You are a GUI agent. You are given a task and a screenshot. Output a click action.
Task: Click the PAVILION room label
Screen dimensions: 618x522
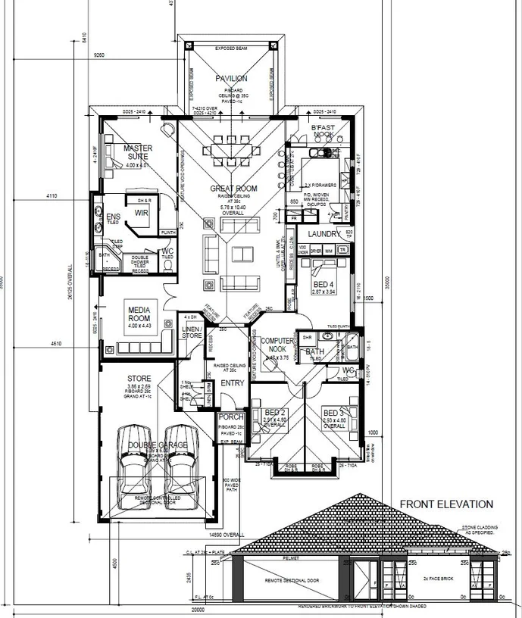[x=231, y=78]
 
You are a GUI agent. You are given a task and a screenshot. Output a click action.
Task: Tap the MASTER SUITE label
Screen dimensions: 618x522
[x=138, y=152]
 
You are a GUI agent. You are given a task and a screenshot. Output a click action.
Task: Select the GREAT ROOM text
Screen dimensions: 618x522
[x=233, y=189]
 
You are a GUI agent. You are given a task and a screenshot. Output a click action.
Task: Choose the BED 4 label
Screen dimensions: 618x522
[x=323, y=285]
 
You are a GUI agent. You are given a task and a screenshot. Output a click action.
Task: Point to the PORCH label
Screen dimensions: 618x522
[x=230, y=417]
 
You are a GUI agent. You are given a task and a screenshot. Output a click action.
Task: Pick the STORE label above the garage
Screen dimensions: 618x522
[x=139, y=379]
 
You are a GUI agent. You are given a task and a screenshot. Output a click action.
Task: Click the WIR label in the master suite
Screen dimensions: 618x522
[x=142, y=214]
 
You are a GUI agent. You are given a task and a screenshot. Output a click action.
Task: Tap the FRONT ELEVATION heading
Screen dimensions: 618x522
[x=446, y=504]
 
